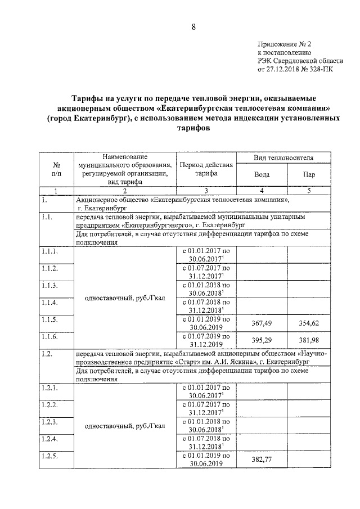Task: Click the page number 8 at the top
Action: (x=192, y=26)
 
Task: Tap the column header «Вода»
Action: (x=262, y=174)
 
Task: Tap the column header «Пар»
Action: (x=309, y=174)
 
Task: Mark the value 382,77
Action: (x=262, y=460)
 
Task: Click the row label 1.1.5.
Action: (x=49, y=319)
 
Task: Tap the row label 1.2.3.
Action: (x=49, y=422)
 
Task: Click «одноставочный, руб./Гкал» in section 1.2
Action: (x=125, y=426)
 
